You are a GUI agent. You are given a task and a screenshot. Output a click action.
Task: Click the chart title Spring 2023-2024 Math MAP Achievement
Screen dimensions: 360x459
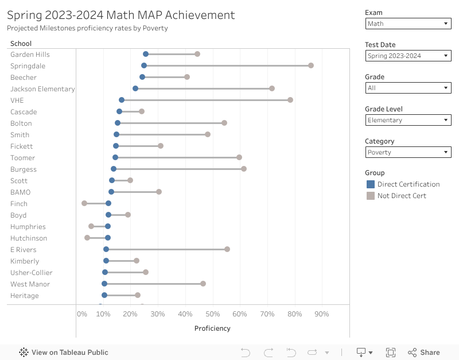[x=121, y=16]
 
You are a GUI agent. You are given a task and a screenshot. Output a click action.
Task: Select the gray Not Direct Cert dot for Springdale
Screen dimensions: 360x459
[x=311, y=65]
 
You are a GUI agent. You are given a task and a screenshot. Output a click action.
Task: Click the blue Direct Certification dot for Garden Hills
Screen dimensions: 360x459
[x=146, y=54]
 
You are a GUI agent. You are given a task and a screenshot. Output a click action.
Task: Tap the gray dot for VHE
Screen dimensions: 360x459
[x=290, y=100]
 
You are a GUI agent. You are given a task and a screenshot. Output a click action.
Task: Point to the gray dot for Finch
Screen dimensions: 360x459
[x=84, y=203]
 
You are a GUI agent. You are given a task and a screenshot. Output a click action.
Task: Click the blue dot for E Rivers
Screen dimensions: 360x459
[x=106, y=249]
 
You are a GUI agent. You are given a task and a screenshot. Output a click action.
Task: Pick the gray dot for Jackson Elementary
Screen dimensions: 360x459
[x=272, y=88]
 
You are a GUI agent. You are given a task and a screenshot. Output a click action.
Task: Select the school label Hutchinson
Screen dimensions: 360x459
[x=29, y=238]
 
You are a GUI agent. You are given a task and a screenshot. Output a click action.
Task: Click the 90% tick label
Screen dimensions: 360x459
[x=322, y=314]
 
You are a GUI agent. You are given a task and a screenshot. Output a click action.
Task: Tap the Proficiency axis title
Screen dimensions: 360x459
[x=212, y=328]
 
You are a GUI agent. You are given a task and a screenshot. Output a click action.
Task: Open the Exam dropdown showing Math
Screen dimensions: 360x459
[x=408, y=24]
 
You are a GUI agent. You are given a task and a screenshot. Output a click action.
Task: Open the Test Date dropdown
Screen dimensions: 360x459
[x=408, y=56]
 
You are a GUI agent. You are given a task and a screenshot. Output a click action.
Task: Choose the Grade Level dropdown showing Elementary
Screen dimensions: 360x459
[x=408, y=120]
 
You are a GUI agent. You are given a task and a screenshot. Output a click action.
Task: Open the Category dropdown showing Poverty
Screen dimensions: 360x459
[x=408, y=152]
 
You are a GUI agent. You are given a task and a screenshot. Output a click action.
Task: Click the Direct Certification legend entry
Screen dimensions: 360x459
[x=408, y=184]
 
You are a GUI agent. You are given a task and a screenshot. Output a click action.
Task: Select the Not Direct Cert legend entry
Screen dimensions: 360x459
[x=402, y=196]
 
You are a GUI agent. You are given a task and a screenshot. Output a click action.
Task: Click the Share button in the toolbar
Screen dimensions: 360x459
[x=424, y=353]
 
